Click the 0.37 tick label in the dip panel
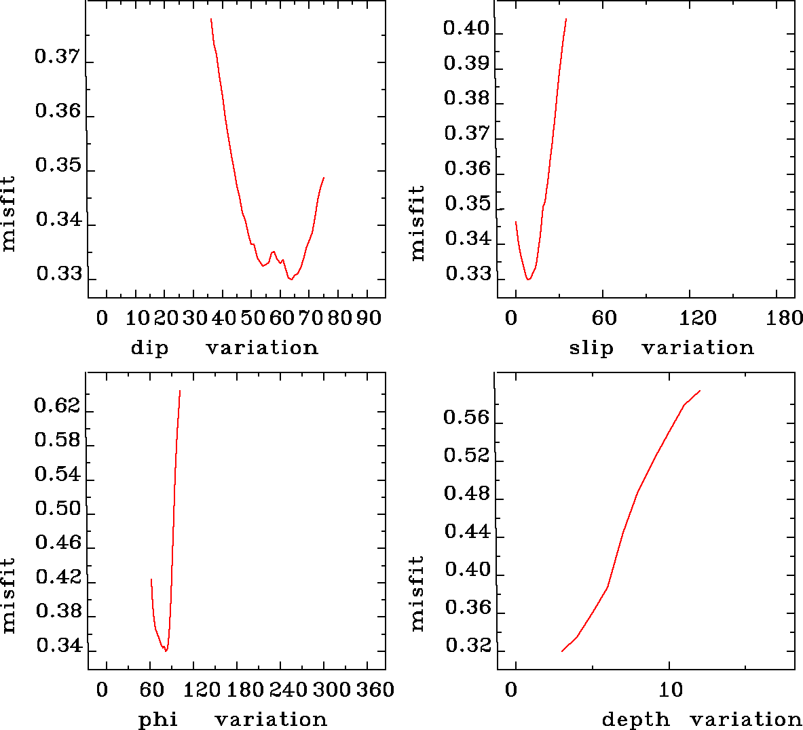(57, 57)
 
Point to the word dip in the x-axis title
(149, 348)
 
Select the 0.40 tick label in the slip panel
(466, 28)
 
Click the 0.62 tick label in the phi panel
(57, 406)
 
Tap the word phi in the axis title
(157, 719)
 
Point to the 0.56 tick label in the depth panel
(466, 418)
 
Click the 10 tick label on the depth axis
(671, 690)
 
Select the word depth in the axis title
(636, 719)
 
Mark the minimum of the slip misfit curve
(528, 279)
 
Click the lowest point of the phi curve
(165, 651)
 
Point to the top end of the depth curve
(699, 391)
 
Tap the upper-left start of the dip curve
(211, 19)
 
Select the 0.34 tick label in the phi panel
(58, 646)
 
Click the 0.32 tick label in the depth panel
(467, 646)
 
